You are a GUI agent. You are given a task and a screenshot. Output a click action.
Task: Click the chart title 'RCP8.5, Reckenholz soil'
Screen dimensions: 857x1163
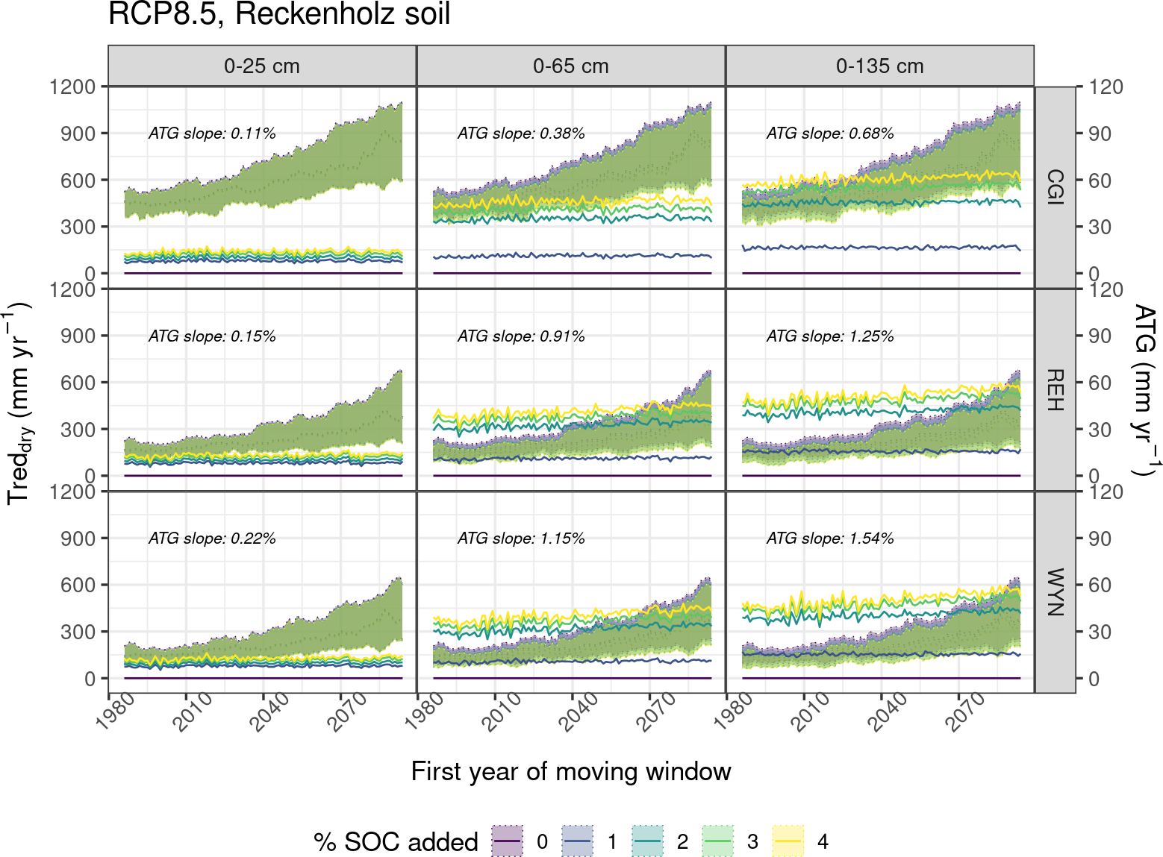click(x=279, y=15)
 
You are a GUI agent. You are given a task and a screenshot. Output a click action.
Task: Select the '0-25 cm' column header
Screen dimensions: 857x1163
click(x=262, y=66)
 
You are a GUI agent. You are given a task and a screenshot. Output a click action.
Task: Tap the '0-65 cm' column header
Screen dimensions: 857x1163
click(x=571, y=66)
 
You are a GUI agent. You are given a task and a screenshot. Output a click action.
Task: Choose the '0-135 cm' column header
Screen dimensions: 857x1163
click(x=880, y=66)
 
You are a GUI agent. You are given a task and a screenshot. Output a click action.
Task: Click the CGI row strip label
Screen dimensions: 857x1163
click(x=1055, y=187)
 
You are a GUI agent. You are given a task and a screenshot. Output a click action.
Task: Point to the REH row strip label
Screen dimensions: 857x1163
click(x=1055, y=389)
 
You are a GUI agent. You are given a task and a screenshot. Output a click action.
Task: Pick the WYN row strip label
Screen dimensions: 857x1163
click(x=1055, y=592)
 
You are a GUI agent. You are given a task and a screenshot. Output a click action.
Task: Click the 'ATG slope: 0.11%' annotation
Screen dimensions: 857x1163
click(x=212, y=134)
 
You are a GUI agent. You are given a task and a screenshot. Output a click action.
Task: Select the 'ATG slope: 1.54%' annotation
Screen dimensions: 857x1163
click(x=830, y=539)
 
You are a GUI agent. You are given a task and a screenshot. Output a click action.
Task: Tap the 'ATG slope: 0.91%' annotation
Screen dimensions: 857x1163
click(x=521, y=336)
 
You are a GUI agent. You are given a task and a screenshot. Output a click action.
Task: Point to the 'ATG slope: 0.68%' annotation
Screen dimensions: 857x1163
click(x=830, y=134)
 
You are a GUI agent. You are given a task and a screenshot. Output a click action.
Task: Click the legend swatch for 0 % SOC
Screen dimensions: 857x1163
click(x=508, y=841)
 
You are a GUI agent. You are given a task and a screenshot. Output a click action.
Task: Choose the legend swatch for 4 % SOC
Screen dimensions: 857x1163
click(x=788, y=841)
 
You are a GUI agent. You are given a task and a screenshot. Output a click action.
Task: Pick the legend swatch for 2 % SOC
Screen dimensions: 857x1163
click(x=648, y=841)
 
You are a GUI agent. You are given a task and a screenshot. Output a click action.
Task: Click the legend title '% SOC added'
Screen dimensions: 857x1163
click(x=396, y=841)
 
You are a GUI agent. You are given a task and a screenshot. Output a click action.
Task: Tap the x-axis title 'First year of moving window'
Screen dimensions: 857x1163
click(x=571, y=771)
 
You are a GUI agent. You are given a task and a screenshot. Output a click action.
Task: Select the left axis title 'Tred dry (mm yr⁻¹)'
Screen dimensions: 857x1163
click(x=18, y=403)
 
